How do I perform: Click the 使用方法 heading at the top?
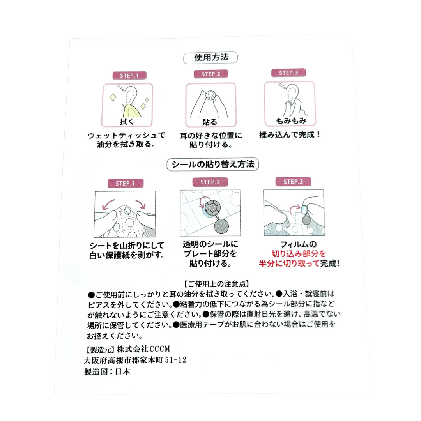(211, 57)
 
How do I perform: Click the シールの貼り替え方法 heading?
(213, 165)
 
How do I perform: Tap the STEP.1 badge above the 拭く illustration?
(129, 76)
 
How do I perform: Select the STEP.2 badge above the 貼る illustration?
(211, 74)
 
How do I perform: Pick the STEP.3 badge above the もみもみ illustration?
(288, 73)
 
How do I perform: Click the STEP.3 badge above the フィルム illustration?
(293, 182)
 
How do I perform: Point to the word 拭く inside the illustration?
(127, 122)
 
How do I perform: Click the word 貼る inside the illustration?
(210, 122)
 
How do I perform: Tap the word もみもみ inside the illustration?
(291, 120)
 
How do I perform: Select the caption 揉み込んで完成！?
(290, 134)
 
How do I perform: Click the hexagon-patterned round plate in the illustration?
(213, 207)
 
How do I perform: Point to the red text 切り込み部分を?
(299, 254)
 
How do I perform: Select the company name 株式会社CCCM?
(143, 349)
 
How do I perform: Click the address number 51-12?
(175, 360)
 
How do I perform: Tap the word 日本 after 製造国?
(123, 371)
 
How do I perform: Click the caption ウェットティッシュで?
(126, 135)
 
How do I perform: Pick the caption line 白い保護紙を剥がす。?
(127, 255)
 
